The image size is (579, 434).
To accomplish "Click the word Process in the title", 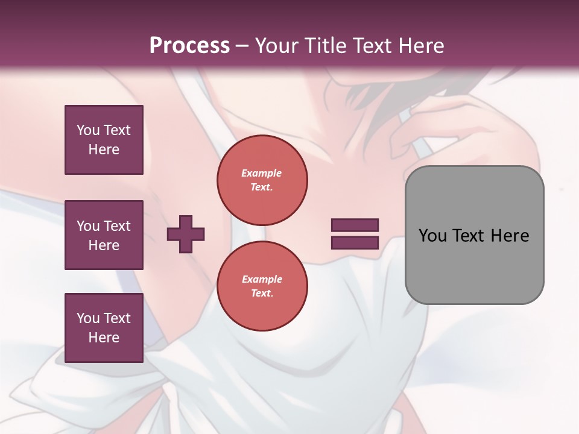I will (189, 46).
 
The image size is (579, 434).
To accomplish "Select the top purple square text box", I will (104, 140).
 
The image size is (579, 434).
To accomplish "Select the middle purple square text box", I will (104, 235).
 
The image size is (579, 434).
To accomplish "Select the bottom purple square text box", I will (104, 328).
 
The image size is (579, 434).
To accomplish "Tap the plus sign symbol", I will (186, 234).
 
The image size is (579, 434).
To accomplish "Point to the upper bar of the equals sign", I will (355, 225).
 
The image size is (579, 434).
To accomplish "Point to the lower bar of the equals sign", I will (355, 242).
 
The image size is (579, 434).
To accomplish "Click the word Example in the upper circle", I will (262, 173).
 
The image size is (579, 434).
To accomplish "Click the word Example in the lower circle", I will (262, 279).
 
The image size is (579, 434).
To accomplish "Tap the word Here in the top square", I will (104, 149).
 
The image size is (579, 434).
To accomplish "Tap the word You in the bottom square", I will (88, 318).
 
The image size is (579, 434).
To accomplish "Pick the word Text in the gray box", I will (469, 236).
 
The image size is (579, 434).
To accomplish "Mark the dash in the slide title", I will (242, 46).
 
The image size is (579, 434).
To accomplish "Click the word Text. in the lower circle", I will (262, 293).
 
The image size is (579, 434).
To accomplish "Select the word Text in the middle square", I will (116, 226).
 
